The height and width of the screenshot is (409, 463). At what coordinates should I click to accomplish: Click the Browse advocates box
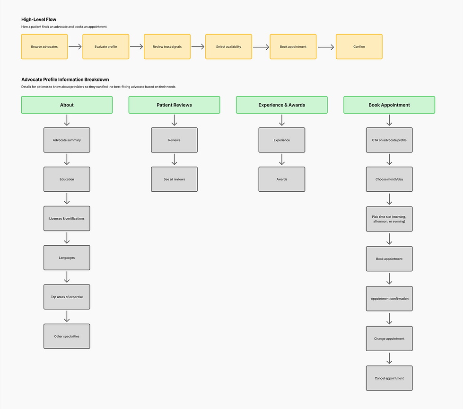pos(44,47)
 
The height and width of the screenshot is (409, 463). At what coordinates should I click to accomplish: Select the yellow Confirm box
pos(359,47)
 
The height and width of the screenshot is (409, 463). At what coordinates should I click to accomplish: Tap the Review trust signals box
pos(167,47)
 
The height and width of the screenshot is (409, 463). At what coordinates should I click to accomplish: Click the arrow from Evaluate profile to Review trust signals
pos(136,47)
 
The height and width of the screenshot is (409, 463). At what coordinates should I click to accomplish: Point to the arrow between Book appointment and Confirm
pos(326,47)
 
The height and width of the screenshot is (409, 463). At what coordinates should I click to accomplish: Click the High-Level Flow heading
pos(39,19)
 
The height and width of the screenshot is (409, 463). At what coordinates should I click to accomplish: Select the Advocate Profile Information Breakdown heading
pos(65,80)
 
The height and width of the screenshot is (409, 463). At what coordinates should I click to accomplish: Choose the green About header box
pos(67,105)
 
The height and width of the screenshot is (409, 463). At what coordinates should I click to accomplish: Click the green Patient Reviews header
pos(174,105)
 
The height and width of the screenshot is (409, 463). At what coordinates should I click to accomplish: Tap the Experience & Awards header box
pos(282,105)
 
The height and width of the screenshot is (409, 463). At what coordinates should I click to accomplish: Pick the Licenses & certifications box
pos(67,218)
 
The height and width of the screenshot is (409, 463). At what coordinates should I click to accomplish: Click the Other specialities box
pos(67,336)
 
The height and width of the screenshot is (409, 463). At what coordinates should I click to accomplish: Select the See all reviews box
pos(174,179)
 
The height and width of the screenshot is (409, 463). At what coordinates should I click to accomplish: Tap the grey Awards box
pos(282,179)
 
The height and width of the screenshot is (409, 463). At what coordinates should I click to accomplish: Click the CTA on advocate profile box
pos(389,140)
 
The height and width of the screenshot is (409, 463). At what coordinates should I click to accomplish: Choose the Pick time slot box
pos(389,219)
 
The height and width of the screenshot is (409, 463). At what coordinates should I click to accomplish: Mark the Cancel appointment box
pos(389,378)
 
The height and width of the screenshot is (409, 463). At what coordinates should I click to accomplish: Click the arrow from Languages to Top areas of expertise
pos(67,277)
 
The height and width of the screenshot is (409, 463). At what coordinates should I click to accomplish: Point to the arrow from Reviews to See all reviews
pos(175,159)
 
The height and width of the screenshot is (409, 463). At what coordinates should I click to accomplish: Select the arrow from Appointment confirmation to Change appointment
pos(390,319)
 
